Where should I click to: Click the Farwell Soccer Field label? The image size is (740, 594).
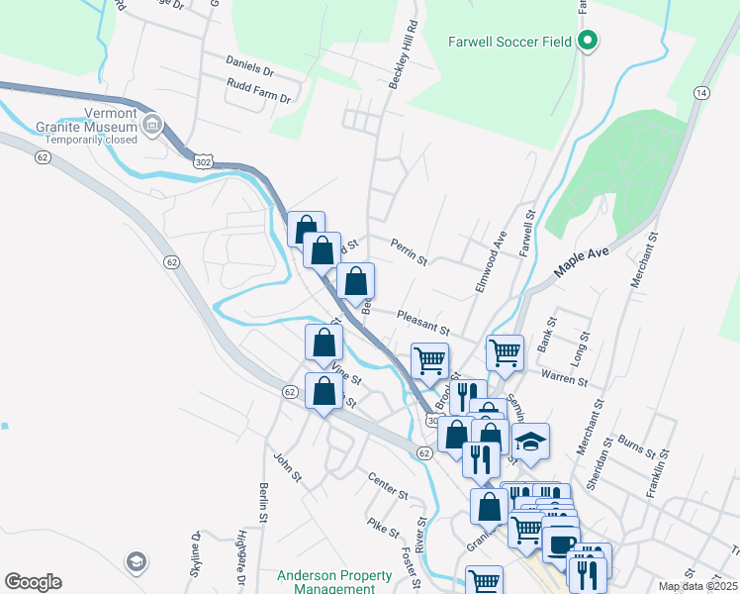pyautogui.click(x=509, y=43)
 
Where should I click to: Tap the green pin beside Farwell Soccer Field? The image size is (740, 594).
pyautogui.click(x=587, y=42)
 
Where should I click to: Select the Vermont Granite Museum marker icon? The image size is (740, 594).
pyautogui.click(x=151, y=126)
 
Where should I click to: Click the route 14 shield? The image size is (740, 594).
pyautogui.click(x=701, y=92)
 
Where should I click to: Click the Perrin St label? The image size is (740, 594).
pyautogui.click(x=408, y=252)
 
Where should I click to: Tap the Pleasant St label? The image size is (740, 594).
pyautogui.click(x=423, y=319)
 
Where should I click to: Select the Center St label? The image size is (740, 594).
pyautogui.click(x=388, y=485)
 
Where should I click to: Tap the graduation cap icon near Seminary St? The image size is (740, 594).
pyautogui.click(x=530, y=443)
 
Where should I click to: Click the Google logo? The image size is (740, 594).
pyautogui.click(x=33, y=582)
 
